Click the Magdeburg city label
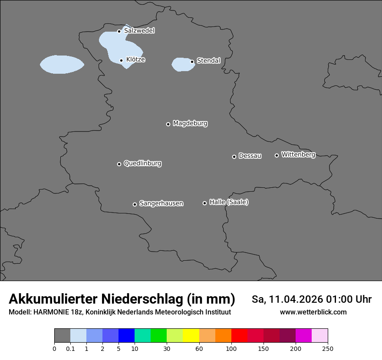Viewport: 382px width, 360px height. (190, 124)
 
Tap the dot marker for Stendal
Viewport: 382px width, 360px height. (192, 62)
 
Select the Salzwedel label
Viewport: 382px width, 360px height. (139, 31)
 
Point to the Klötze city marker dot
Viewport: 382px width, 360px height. (122, 61)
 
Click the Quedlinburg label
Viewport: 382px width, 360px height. (142, 164)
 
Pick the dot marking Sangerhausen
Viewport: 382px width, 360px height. (135, 204)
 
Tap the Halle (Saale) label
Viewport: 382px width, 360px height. (229, 202)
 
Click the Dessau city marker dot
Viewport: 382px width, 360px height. (234, 157)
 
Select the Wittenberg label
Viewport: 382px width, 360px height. (298, 154)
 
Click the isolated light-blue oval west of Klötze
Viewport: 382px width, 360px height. (62, 65)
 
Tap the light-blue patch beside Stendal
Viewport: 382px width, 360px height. (181, 64)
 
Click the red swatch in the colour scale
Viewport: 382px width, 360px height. (239, 336)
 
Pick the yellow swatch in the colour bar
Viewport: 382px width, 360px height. (191, 336)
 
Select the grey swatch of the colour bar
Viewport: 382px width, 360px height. (62, 336)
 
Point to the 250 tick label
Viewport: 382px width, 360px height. (328, 349)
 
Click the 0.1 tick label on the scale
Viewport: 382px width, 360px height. (70, 349)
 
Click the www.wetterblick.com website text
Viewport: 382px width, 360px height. (313, 312)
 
